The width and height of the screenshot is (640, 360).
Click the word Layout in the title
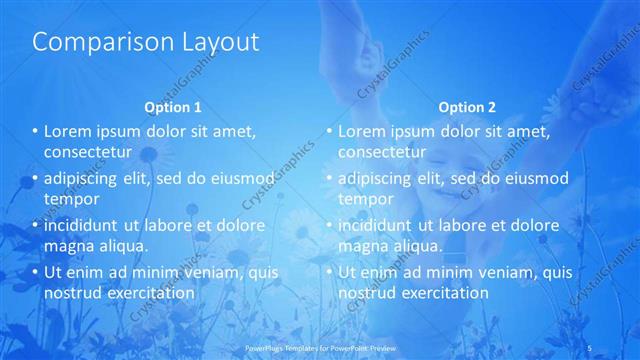(x=212, y=42)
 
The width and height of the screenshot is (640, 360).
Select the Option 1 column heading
(x=173, y=106)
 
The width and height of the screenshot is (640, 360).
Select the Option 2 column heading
(x=466, y=106)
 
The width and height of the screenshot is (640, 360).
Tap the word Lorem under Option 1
(x=67, y=131)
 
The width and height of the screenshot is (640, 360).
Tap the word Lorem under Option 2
(x=361, y=131)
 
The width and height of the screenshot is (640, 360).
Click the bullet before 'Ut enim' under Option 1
(x=34, y=272)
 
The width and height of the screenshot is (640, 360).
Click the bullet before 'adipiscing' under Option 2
(x=328, y=178)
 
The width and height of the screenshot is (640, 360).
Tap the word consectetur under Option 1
(x=89, y=152)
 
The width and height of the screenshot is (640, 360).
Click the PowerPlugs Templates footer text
(x=309, y=348)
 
